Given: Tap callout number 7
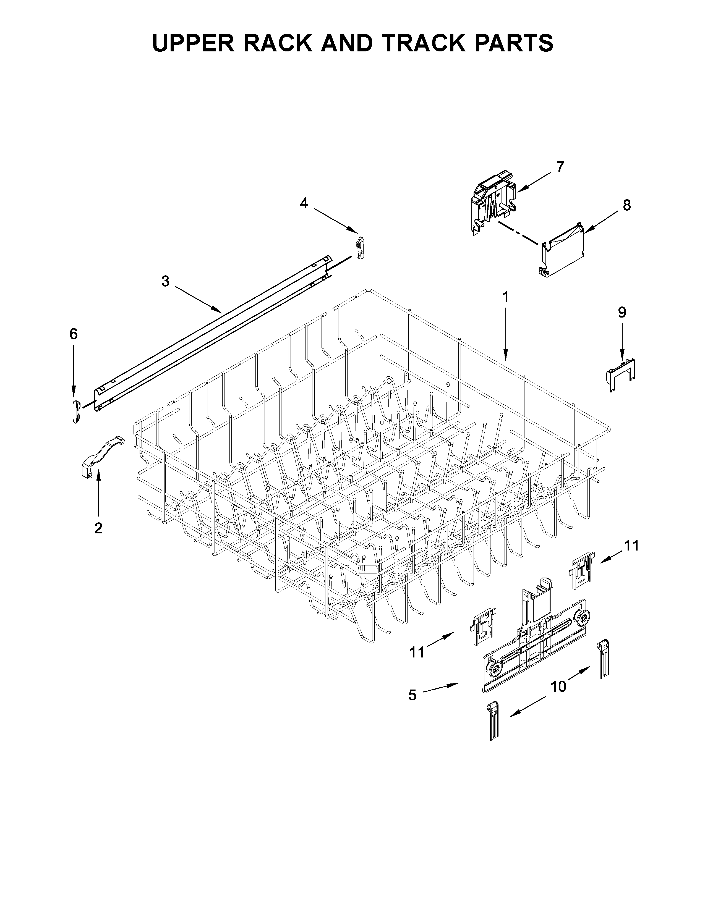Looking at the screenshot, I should point(560,167).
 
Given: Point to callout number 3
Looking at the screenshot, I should point(165,281).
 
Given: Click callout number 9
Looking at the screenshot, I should point(622,312).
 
